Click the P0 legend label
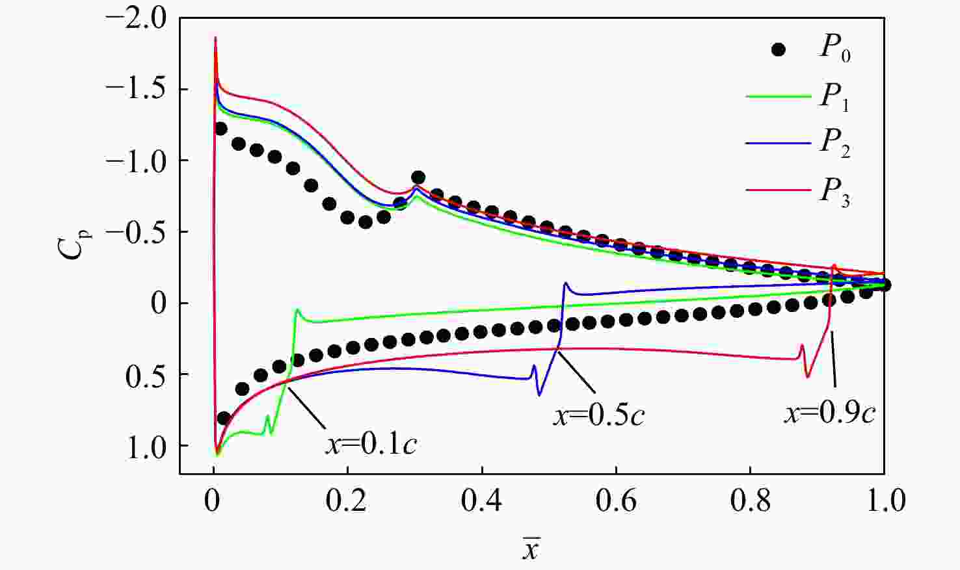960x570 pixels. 834,48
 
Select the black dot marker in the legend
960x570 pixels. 778,49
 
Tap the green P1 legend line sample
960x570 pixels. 778,96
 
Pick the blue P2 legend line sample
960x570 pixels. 778,143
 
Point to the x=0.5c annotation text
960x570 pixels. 599,415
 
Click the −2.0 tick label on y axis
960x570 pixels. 136,18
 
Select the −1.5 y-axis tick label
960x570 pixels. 136,89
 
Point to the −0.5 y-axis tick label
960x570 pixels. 136,232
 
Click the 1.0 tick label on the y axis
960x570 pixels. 146,447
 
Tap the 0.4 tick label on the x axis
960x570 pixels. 482,501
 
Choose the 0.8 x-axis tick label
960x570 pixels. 750,501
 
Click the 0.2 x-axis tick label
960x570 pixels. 347,501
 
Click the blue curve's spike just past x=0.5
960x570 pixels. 566,283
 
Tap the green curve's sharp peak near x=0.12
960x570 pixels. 297,310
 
